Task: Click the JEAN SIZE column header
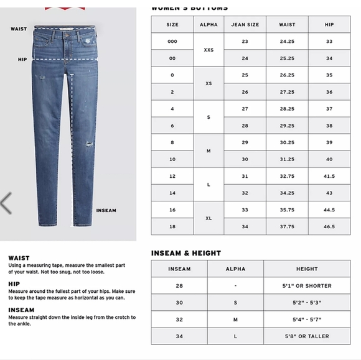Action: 245,25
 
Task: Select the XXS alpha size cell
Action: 209,50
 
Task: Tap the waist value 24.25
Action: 287,42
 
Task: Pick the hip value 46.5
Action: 329,227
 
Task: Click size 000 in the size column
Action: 172,42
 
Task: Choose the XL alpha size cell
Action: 209,218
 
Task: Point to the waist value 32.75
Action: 287,177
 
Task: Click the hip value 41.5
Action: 329,177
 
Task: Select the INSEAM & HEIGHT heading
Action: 186,254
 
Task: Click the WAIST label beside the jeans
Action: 19,29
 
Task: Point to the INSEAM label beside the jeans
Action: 106,211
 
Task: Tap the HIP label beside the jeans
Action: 22,60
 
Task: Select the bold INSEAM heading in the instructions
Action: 21,310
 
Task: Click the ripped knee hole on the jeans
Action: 88,143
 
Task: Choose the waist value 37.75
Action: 287,227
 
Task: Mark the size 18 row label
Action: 172,227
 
